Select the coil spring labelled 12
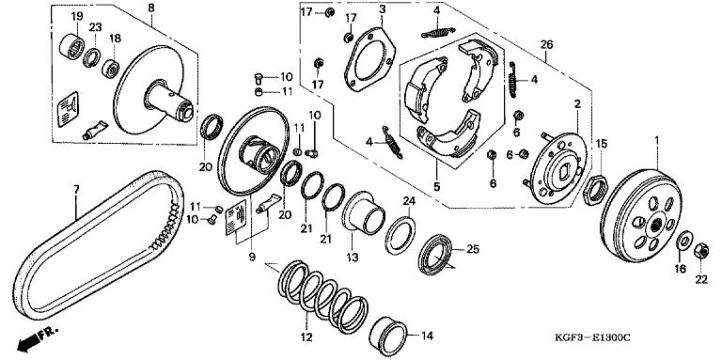[x=323, y=296]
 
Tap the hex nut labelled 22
[x=700, y=250]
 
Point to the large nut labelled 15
[x=597, y=189]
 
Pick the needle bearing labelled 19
[x=72, y=46]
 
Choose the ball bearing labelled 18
[x=111, y=69]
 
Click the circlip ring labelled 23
[x=91, y=57]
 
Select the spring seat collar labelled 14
[x=388, y=337]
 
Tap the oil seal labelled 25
[x=435, y=255]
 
